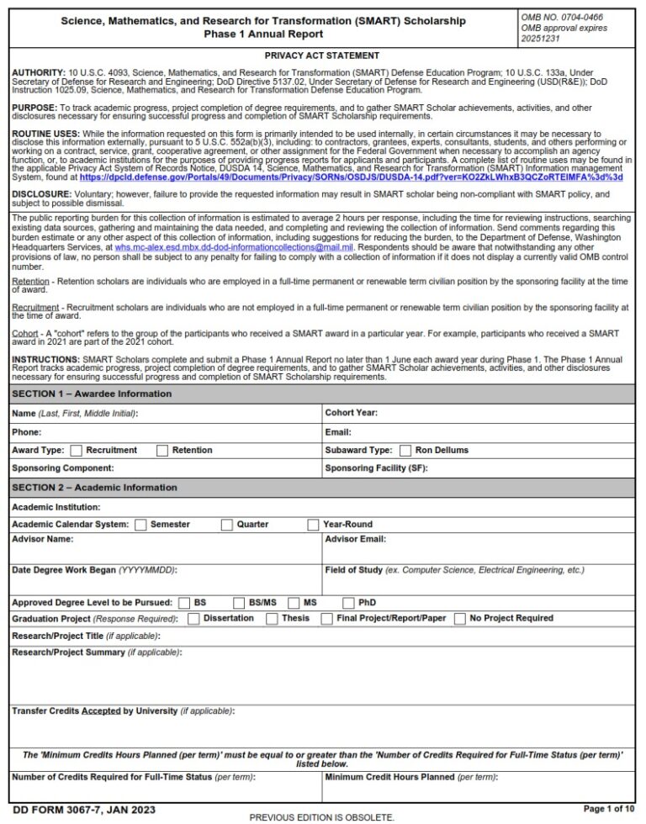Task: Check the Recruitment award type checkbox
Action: pos(77,451)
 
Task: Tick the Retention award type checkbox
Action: pos(162,451)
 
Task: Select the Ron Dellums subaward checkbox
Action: pos(405,451)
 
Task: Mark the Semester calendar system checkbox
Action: pos(140,525)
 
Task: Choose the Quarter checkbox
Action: pos(227,525)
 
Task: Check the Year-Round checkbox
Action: pos(313,525)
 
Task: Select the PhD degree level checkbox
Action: pos(349,603)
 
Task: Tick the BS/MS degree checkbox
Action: pos(239,603)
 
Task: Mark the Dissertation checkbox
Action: pos(193,619)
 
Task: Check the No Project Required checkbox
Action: pos(460,619)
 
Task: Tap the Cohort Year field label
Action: pos(351,413)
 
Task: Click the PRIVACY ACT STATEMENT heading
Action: pos(322,55)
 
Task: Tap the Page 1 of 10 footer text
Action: pos(609,809)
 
